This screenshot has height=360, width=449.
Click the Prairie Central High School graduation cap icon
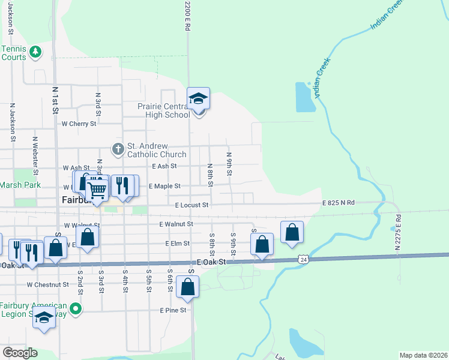[x=198, y=99]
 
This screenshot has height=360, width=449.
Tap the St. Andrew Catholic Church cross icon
[x=118, y=148]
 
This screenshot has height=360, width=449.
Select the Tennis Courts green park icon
[x=35, y=52]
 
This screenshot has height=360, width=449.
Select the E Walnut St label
[x=176, y=224]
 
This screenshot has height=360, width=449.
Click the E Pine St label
[x=173, y=310]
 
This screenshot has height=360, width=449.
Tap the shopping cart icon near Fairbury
[x=96, y=190]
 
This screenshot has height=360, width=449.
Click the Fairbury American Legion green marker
[x=75, y=310]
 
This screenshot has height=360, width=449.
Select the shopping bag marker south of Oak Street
[x=188, y=287]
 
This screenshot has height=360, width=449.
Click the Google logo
[x=20, y=353]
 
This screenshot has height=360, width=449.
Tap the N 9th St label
[x=229, y=164]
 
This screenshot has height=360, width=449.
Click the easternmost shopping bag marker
[x=292, y=232]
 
